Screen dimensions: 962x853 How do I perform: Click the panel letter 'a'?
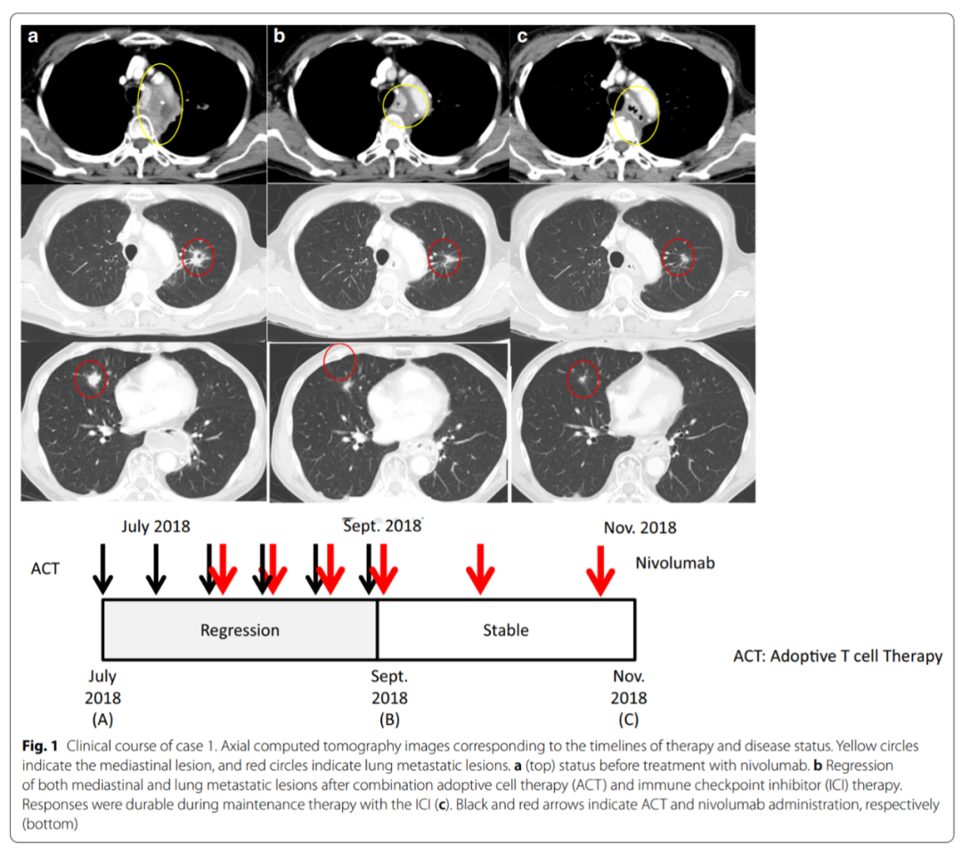[x=33, y=37]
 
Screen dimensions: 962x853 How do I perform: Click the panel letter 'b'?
[x=279, y=36]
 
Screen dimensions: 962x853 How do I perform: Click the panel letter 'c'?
[x=522, y=37]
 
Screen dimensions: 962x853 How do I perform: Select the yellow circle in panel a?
[x=138, y=104]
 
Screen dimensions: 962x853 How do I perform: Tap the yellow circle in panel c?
[x=614, y=115]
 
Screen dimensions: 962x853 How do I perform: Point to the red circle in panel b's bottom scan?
[x=324, y=362]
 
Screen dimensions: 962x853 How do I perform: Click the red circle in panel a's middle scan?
[x=183, y=257]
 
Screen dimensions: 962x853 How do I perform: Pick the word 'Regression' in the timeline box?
[x=240, y=630]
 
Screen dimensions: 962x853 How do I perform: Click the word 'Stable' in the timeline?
[x=506, y=630]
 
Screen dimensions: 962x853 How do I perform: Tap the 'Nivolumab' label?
[x=675, y=563]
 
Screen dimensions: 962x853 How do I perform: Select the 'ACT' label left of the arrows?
[x=45, y=568]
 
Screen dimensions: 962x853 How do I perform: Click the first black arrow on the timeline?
[x=103, y=569]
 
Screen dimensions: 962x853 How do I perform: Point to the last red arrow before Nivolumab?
[x=600, y=571]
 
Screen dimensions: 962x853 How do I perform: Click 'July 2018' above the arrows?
[x=156, y=526]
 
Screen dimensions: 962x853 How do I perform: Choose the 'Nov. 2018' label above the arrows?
[x=640, y=527]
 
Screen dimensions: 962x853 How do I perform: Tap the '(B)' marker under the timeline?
[x=389, y=719]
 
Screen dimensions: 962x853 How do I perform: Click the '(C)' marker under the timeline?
[x=628, y=719]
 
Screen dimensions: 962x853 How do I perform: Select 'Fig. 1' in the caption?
[x=40, y=745]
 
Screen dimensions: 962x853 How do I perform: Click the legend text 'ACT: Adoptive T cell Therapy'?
[x=837, y=656]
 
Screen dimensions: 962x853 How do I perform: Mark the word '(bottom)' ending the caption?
[x=50, y=824]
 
